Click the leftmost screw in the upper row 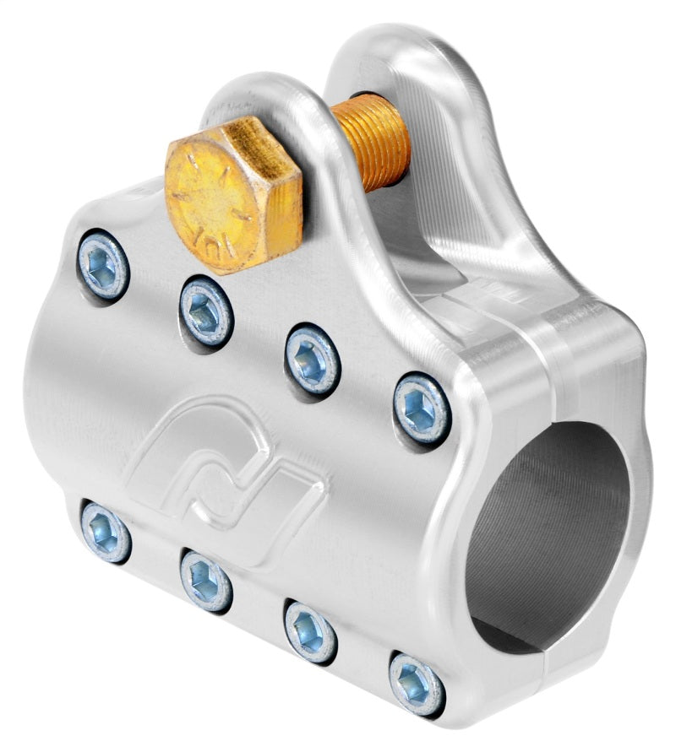(x=103, y=265)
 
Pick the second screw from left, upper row (x=206, y=311)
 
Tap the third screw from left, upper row (x=312, y=359)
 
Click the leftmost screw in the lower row (x=106, y=531)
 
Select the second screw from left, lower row (x=206, y=580)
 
